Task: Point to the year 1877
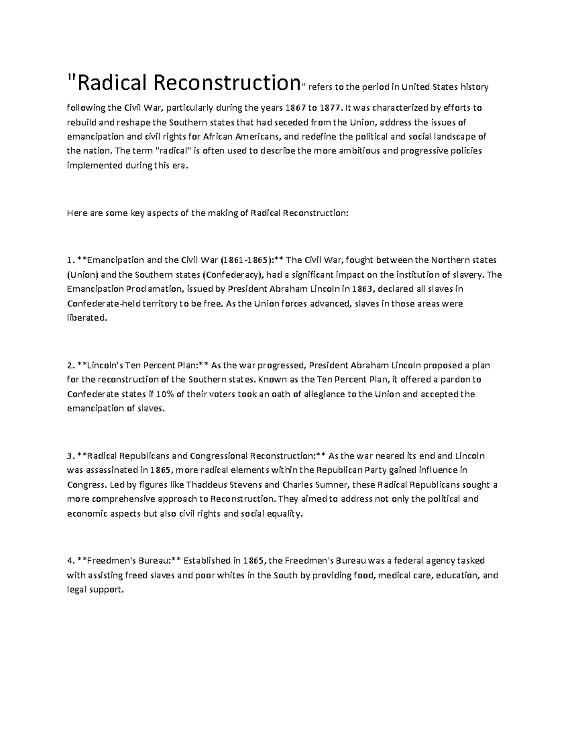[x=331, y=108]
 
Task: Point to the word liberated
[x=87, y=318]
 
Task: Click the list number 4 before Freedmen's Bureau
[x=69, y=561]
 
